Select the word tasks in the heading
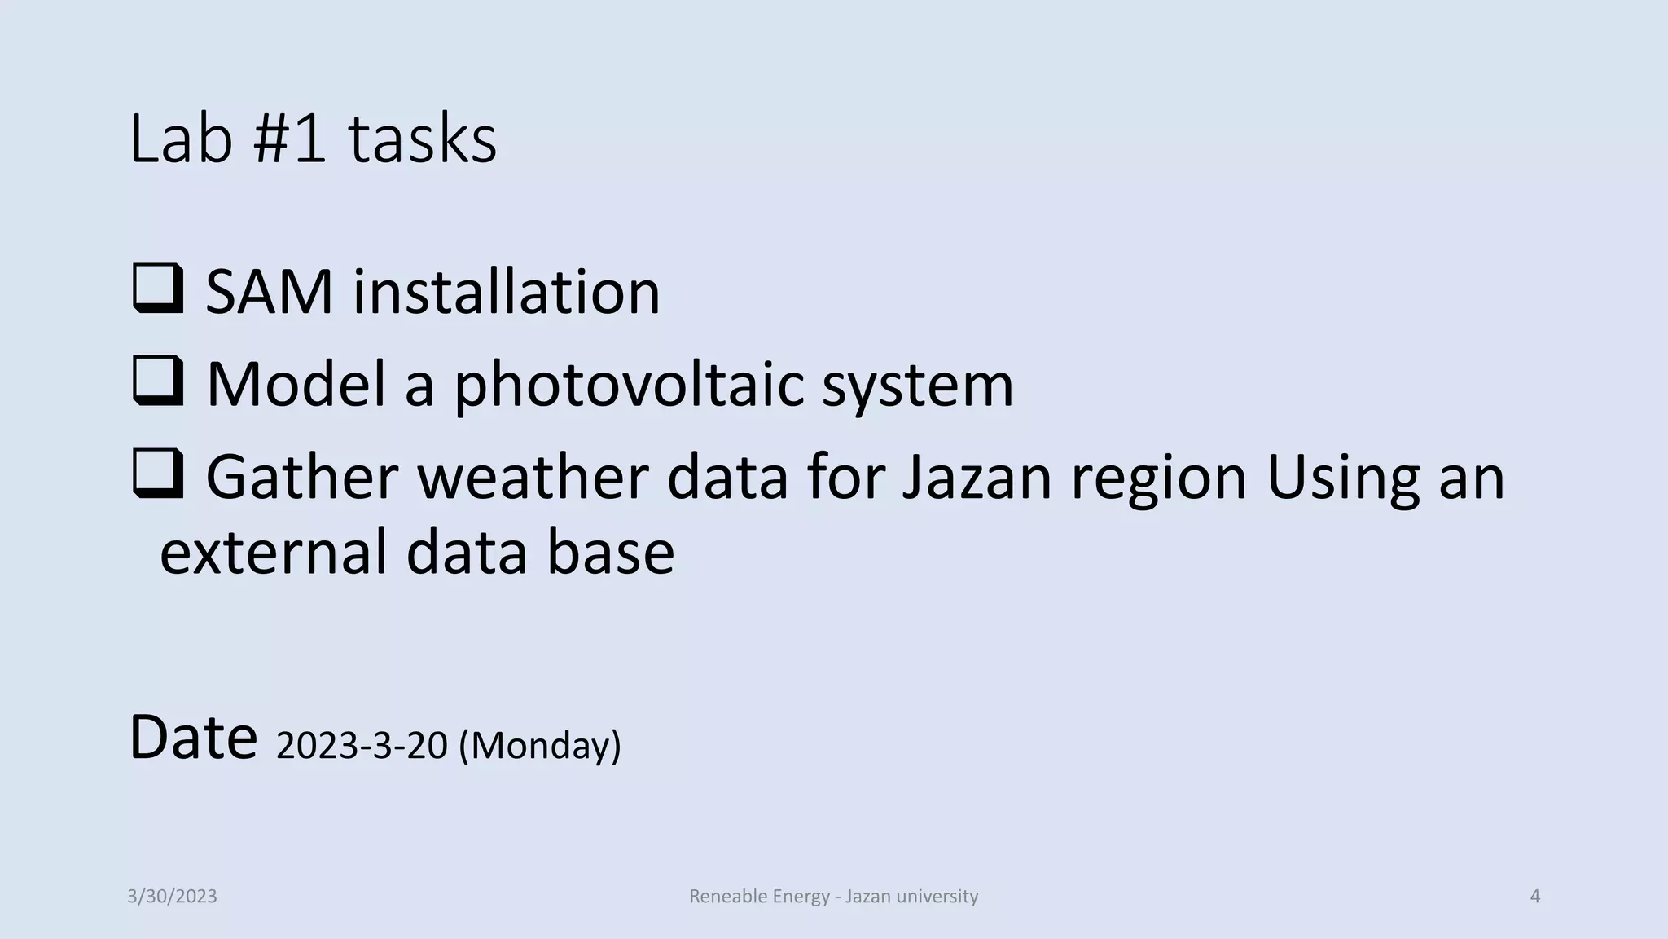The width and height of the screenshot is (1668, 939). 422,139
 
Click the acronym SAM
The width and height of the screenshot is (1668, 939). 269,292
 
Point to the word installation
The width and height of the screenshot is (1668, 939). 506,292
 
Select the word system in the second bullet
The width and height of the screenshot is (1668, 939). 917,385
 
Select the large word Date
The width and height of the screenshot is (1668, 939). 193,738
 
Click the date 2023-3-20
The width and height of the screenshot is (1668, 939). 362,745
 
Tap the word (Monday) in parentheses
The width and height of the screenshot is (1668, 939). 539,745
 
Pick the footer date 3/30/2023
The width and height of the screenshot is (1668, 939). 172,897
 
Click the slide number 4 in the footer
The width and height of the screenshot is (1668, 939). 1535,897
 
